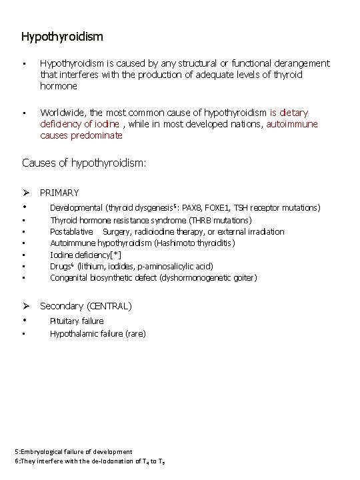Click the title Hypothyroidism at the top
(x=62, y=35)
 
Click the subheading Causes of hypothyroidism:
(x=84, y=163)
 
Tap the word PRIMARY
(x=59, y=193)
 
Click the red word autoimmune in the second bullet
(x=292, y=124)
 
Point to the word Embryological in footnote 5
(x=41, y=451)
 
